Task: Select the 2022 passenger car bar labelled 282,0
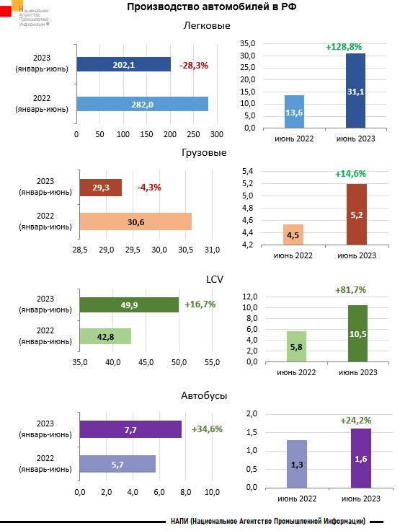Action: pyautogui.click(x=142, y=104)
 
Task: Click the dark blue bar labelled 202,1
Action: pyautogui.click(x=123, y=65)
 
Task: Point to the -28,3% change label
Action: pyautogui.click(x=193, y=65)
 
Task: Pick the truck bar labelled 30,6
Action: pyautogui.click(x=135, y=221)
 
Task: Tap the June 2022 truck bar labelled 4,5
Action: pyautogui.click(x=294, y=235)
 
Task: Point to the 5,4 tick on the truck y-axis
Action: pyautogui.click(x=246, y=171)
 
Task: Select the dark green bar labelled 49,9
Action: pyautogui.click(x=129, y=305)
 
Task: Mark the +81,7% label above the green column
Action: pyautogui.click(x=351, y=290)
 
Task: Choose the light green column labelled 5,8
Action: pyautogui.click(x=295, y=346)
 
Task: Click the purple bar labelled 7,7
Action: pyautogui.click(x=130, y=429)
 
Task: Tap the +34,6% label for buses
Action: pyautogui.click(x=207, y=429)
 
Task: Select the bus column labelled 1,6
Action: pyautogui.click(x=360, y=458)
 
